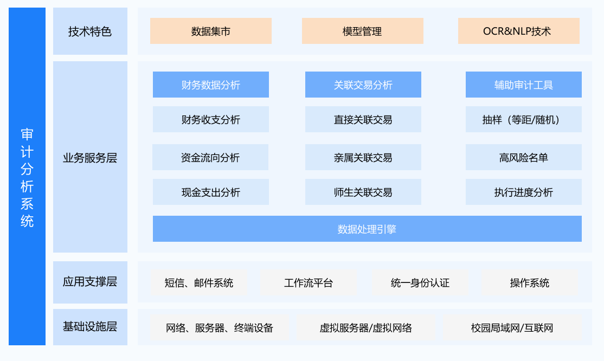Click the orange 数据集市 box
(x=211, y=31)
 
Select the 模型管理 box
(x=363, y=31)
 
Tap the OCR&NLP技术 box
(x=518, y=31)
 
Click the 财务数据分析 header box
(x=211, y=85)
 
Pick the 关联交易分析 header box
(x=363, y=85)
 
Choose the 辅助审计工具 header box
(x=524, y=85)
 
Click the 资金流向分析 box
(x=210, y=157)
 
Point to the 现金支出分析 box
(x=211, y=192)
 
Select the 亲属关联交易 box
(x=363, y=157)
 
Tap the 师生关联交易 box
(x=363, y=192)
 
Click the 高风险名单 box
(x=524, y=157)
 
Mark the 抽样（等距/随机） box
(x=524, y=119)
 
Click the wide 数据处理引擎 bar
(x=367, y=229)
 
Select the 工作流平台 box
(x=309, y=283)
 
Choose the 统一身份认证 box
(x=420, y=283)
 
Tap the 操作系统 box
(x=530, y=283)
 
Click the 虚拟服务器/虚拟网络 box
(x=366, y=327)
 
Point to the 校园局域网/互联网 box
(x=512, y=327)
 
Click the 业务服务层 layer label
(x=90, y=157)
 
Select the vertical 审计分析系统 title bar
(x=27, y=177)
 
